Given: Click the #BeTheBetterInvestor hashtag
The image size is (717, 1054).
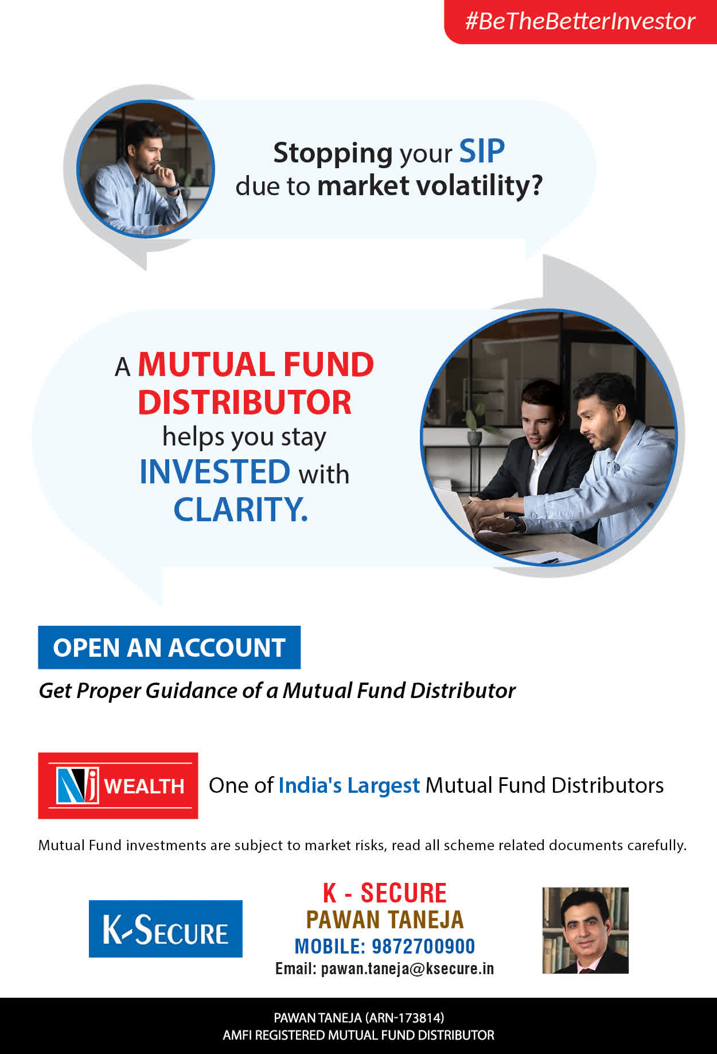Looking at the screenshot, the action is [580, 21].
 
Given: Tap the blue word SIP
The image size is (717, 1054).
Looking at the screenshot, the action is [482, 152].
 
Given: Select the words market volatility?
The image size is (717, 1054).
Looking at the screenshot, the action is [430, 185].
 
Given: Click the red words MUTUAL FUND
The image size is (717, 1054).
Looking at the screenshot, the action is [256, 365].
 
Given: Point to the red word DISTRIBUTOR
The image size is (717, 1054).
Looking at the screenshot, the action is [245, 402].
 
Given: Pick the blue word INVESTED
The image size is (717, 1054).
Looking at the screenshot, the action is [215, 472].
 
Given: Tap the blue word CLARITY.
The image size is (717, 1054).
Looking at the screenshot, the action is [241, 509].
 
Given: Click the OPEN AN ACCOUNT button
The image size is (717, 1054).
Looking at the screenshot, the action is [169, 648].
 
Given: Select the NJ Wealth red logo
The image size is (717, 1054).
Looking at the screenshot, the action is [118, 785].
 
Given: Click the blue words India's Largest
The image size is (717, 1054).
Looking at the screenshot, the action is [349, 785].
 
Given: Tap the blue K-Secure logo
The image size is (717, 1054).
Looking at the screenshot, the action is [166, 929].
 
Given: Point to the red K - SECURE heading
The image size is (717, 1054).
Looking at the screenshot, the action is [385, 893].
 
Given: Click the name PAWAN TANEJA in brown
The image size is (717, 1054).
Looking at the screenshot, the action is [385, 920].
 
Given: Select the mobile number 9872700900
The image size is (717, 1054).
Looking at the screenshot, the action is [423, 946].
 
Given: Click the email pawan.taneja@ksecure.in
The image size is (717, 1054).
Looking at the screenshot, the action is [407, 969].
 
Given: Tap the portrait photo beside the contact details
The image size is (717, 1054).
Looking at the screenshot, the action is [586, 931].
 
